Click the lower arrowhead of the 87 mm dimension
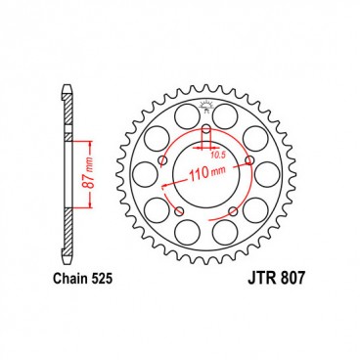coord(90,208)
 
